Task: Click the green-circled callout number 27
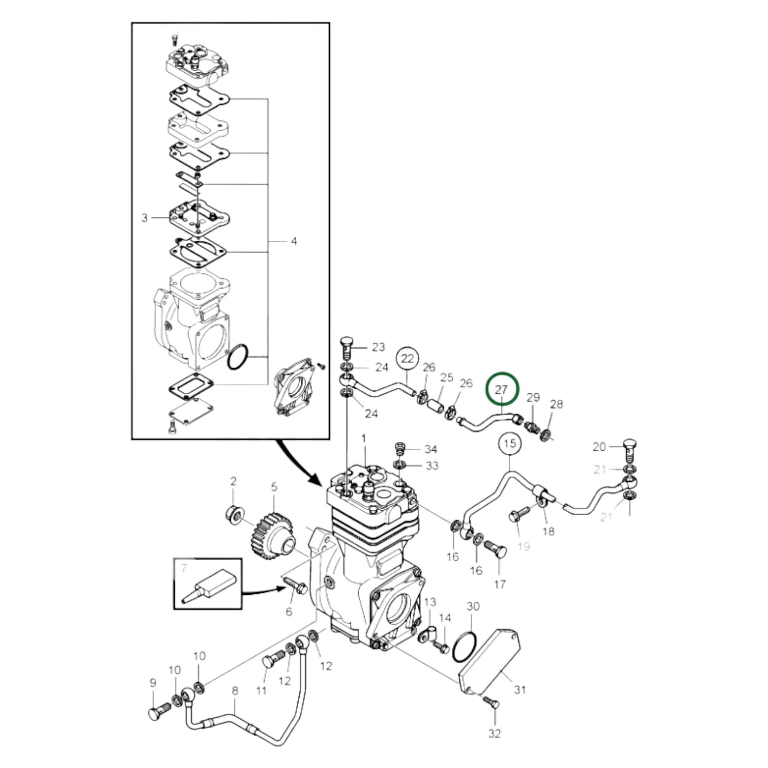click(x=501, y=390)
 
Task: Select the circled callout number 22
click(x=407, y=358)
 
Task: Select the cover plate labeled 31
click(x=491, y=662)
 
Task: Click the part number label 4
click(x=293, y=241)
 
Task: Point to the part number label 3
click(x=144, y=218)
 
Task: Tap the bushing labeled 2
click(x=234, y=514)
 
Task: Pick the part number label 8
click(x=235, y=691)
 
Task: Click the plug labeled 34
click(x=400, y=448)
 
